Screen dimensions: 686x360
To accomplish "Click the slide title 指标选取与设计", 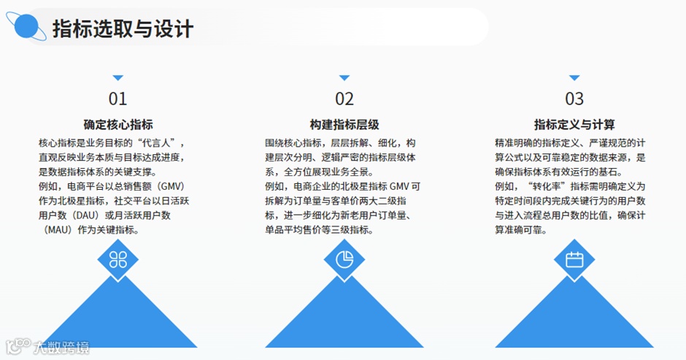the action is [123, 28].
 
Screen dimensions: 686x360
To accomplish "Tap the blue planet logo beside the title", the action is [30, 27].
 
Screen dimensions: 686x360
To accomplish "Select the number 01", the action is [117, 99].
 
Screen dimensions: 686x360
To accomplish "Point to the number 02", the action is [344, 99].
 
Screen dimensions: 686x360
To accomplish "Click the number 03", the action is [574, 99].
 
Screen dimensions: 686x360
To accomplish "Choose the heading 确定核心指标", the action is [117, 124].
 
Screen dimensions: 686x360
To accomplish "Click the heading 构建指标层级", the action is [344, 124].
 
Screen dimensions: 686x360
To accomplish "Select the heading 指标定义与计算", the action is [574, 124].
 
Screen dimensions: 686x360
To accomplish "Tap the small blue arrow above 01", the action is [117, 77].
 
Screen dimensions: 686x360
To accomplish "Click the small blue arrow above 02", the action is [344, 77].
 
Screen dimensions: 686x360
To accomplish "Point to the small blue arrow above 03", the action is [574, 77].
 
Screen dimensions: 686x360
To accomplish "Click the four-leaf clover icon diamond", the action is [117, 259].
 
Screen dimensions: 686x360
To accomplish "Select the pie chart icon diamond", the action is [344, 259].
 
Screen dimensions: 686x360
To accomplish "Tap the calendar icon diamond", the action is [574, 259].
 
